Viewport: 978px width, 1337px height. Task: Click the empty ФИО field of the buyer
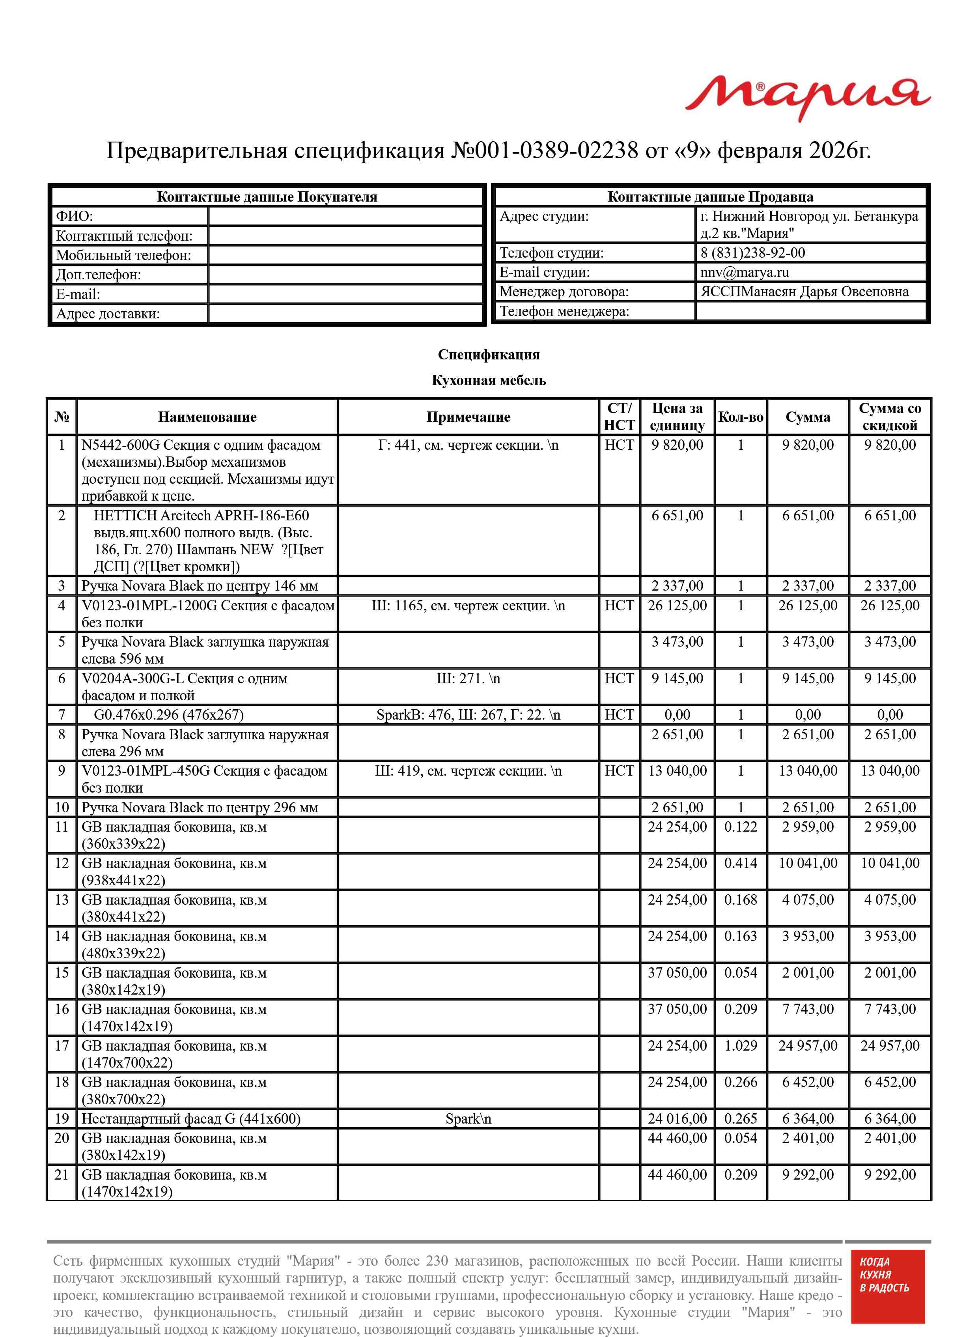tap(346, 217)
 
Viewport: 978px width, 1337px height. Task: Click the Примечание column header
tap(468, 417)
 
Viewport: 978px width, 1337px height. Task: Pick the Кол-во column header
tap(740, 417)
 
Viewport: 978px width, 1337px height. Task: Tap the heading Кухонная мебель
tap(488, 381)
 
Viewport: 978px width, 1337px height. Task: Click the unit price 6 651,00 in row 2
tap(677, 516)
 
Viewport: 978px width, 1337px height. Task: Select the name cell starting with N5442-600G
tap(207, 471)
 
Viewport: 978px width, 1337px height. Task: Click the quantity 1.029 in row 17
tap(740, 1046)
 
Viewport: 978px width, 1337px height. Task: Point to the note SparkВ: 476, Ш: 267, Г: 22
tap(468, 715)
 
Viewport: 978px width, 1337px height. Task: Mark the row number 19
tap(62, 1118)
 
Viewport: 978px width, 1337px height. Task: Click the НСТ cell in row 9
tap(619, 771)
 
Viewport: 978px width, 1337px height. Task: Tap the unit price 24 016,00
tap(677, 1118)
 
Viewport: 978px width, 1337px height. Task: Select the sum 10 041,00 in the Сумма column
tap(808, 863)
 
